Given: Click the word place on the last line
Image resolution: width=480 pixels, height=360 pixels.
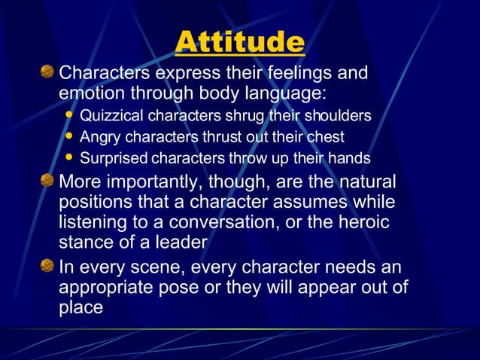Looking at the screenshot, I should (80, 308).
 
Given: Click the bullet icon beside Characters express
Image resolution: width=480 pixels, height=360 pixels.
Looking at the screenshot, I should (47, 73).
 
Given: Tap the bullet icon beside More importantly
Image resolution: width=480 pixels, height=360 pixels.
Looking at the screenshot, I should (47, 182).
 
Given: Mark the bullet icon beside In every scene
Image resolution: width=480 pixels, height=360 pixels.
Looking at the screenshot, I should (47, 267).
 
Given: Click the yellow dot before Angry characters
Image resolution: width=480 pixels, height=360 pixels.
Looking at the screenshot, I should (70, 137).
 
